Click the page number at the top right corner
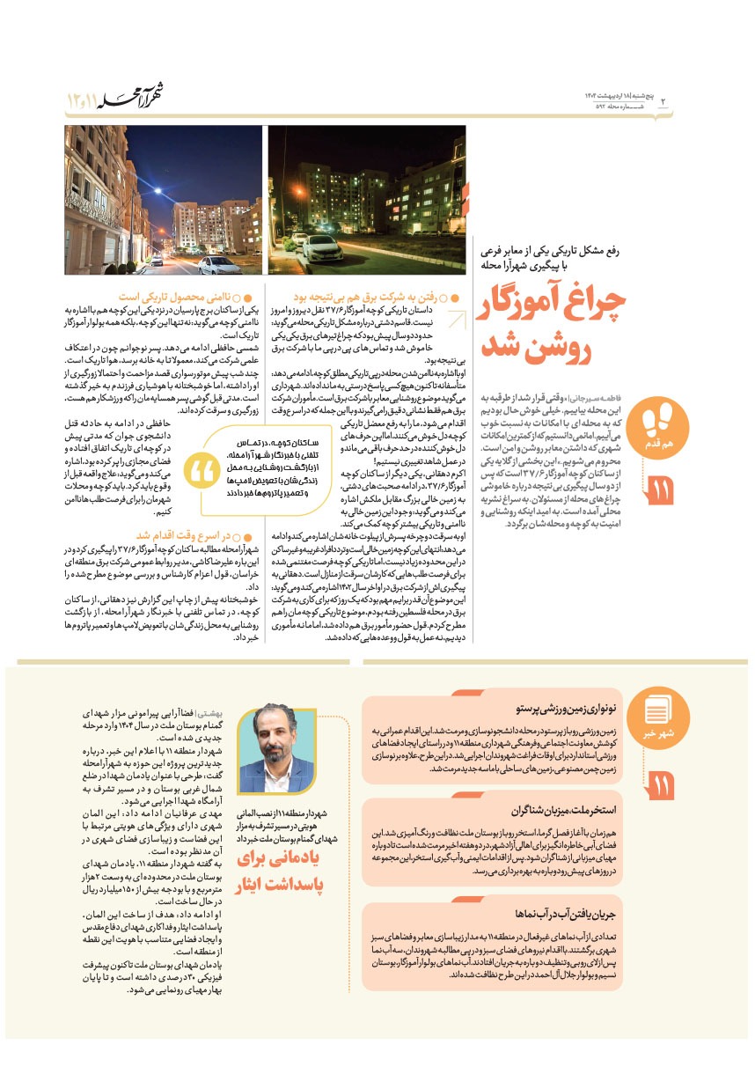click(663, 103)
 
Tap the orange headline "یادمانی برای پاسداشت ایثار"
click(280, 872)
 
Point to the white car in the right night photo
click(322, 249)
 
